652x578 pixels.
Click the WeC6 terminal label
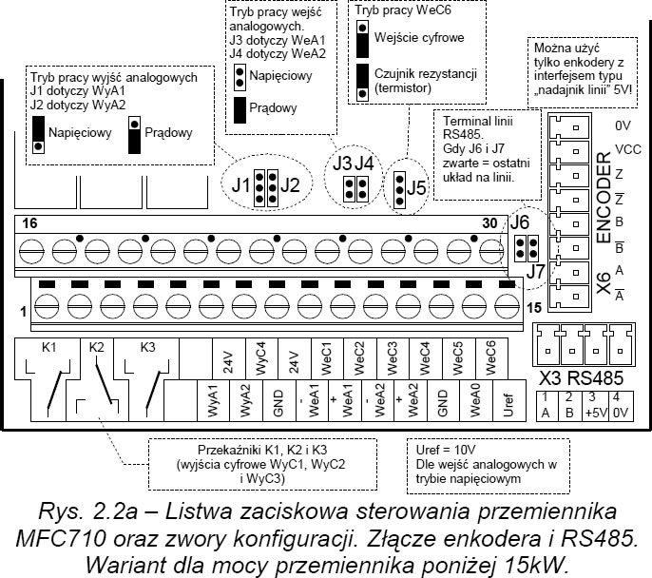491,358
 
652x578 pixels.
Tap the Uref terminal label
508,405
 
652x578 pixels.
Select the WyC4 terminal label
260,358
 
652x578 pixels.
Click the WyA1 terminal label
213,400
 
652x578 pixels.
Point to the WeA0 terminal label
475,400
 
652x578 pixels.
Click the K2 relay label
97,347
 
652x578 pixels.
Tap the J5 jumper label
417,188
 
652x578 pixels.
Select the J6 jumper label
519,222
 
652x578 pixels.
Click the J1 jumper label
240,185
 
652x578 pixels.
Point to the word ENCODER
604,198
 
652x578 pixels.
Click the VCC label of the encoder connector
628,149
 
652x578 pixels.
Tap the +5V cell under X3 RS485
596,414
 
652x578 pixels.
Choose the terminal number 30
489,223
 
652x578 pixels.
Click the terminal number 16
29,223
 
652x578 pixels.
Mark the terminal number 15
534,308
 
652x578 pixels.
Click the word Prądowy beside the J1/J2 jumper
168,133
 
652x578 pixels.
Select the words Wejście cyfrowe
419,37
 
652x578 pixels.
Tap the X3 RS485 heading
582,378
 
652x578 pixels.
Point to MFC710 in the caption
61,539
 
